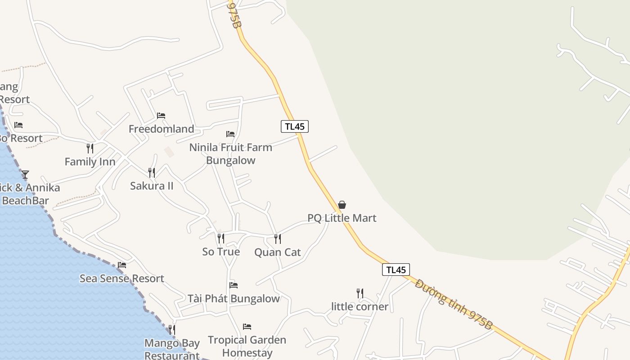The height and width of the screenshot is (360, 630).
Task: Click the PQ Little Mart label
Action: [342, 218]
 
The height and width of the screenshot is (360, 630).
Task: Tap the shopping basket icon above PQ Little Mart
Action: [342, 205]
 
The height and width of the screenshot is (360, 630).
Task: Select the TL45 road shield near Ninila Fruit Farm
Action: [295, 126]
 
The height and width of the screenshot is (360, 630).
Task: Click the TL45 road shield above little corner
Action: [396, 270]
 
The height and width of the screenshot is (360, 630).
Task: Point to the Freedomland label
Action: [161, 129]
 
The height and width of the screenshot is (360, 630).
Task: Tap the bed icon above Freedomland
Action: [161, 116]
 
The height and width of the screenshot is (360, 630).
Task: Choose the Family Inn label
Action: [90, 162]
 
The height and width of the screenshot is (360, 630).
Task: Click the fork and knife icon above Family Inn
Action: [90, 148]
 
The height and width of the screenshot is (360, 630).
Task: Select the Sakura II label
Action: [152, 186]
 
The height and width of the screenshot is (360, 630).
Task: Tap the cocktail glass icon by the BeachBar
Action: [25, 175]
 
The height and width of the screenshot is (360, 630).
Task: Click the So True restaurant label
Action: [221, 252]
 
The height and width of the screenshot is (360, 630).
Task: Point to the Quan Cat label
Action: [278, 252]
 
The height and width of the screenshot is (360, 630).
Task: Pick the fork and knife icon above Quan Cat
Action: [278, 239]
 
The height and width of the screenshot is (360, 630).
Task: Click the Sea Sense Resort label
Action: [122, 279]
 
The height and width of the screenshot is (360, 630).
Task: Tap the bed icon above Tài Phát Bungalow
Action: [233, 285]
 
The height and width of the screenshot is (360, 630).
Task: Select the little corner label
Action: [360, 307]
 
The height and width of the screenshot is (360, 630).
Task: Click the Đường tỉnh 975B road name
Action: [454, 305]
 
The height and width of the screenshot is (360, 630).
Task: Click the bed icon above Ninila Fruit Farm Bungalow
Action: [230, 134]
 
